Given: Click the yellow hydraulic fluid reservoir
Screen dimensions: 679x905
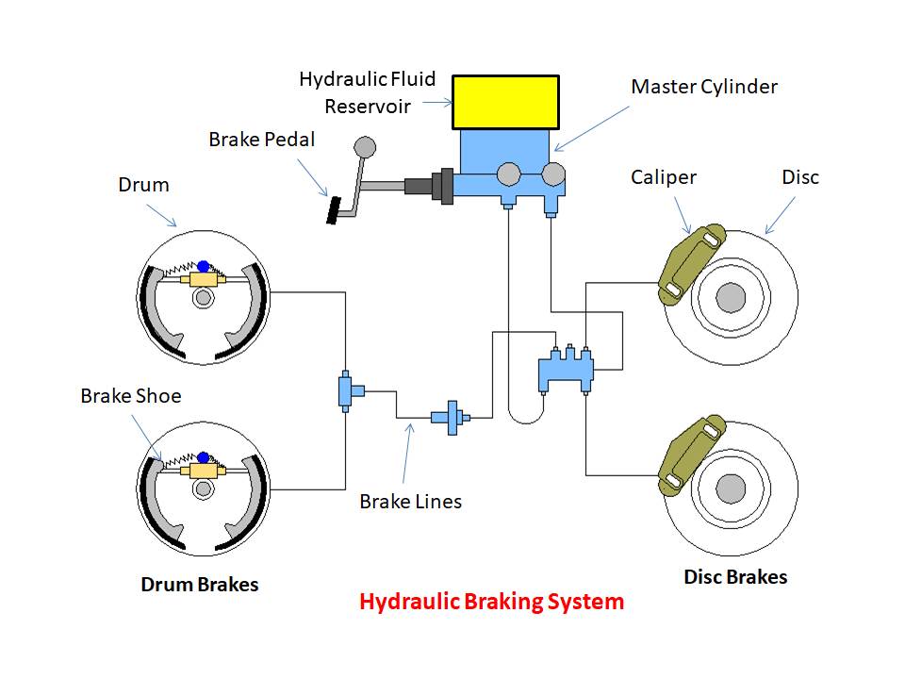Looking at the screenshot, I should (505, 102).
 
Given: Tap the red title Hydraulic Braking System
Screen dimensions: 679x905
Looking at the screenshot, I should (491, 602).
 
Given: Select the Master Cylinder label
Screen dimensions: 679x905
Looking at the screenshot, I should (703, 87).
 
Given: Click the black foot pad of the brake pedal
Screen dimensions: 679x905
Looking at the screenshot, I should (333, 209).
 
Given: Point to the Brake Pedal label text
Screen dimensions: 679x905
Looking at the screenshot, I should (261, 140).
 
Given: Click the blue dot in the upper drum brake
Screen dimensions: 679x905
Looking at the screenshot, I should (203, 267).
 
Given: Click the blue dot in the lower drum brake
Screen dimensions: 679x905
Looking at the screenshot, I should (203, 457).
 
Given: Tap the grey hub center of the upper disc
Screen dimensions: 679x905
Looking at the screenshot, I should (730, 298).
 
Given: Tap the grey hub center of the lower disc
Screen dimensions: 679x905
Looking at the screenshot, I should (730, 489).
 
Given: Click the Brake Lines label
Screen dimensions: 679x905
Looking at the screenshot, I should (410, 502).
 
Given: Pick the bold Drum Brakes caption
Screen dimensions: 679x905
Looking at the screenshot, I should (199, 585).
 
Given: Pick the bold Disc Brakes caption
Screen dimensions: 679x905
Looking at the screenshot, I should (734, 577).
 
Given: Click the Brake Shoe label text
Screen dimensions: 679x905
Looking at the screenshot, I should (130, 396).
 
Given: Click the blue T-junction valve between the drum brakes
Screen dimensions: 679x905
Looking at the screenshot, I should (347, 390).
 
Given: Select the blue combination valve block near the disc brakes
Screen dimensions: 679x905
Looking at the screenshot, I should (565, 370).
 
